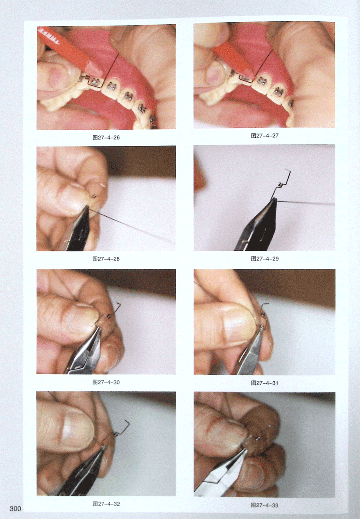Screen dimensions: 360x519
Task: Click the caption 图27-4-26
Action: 106,137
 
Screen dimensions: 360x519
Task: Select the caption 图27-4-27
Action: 264,136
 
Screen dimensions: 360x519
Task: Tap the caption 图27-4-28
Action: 106,259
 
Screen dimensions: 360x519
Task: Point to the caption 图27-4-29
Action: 264,258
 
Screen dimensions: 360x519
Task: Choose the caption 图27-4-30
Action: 106,382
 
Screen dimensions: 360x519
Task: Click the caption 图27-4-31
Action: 264,383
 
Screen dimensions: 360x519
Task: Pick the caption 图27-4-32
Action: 106,504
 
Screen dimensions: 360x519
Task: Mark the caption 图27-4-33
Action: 264,505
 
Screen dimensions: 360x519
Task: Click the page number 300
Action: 15,509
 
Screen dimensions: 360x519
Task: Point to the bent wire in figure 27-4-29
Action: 281,185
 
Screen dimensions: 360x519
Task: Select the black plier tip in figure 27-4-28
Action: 86,208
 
